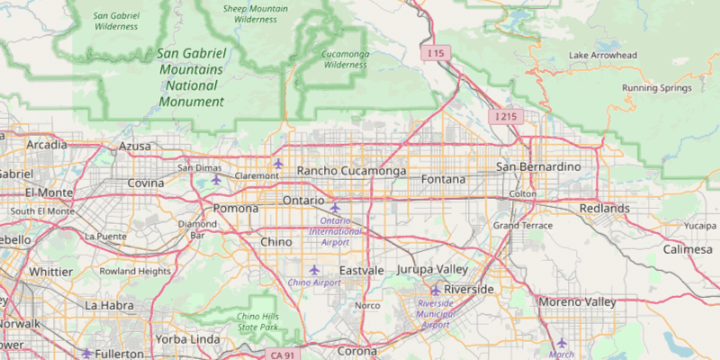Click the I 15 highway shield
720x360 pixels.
(x=436, y=54)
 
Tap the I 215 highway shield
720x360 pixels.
(x=505, y=117)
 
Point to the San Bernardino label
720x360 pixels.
(x=544, y=167)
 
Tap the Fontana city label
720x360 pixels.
(x=444, y=179)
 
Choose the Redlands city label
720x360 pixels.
(x=605, y=208)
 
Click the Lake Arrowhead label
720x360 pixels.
(x=603, y=56)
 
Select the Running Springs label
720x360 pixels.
(x=657, y=88)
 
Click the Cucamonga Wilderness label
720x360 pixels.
(x=345, y=59)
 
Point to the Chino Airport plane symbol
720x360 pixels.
(x=314, y=270)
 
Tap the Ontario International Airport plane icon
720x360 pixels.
(x=335, y=209)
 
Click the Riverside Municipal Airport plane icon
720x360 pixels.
(x=435, y=290)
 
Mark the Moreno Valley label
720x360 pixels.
(x=577, y=301)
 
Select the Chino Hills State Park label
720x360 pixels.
(x=258, y=321)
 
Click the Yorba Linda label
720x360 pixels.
(x=187, y=339)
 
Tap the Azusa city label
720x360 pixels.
(x=135, y=146)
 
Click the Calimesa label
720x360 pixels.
(x=688, y=249)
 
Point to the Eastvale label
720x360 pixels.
(x=362, y=270)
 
